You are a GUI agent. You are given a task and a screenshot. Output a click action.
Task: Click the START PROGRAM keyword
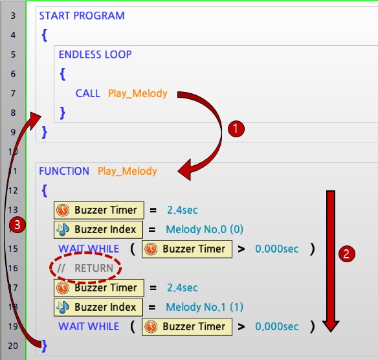coord(82,16)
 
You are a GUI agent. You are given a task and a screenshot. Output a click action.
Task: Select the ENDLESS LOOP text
coord(95,54)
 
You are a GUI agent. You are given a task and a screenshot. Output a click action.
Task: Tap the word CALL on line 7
coord(88,93)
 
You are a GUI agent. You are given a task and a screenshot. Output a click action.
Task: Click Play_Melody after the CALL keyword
coord(138,93)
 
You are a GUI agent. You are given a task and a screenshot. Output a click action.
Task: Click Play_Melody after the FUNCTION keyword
coord(128,171)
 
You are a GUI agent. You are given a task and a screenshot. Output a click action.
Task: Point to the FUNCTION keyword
coord(64,171)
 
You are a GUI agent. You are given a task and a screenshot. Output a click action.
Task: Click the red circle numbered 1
coord(236,129)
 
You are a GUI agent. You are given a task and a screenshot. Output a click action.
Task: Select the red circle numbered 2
coord(347,254)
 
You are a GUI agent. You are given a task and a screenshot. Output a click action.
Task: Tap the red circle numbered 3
coord(17,225)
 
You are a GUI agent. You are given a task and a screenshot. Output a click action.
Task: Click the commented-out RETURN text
coord(85,268)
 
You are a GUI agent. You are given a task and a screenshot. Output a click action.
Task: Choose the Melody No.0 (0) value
coord(205,229)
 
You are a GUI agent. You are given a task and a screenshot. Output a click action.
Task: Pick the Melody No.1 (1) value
coord(205,307)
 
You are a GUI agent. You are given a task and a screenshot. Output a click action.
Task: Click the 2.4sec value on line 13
coord(183,210)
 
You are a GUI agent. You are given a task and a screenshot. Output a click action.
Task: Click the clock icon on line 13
coord(63,210)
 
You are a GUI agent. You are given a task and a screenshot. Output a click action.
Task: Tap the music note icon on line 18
coord(63,307)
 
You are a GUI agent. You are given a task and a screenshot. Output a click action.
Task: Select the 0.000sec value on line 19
coord(277,327)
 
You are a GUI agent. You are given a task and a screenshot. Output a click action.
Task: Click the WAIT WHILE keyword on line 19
coord(89,327)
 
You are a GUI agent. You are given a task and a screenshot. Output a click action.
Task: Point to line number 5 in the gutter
coord(13,54)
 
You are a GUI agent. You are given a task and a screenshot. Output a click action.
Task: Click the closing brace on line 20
coord(45,346)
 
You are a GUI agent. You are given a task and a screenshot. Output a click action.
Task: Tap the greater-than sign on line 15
coord(241,249)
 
